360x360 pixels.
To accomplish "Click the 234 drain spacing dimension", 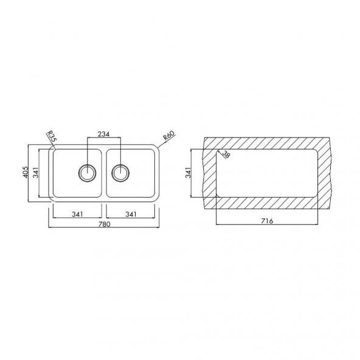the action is [104, 134].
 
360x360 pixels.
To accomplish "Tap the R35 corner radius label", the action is [52, 136].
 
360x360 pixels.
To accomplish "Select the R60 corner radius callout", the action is [169, 135].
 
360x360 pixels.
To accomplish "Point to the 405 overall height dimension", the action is [26, 172].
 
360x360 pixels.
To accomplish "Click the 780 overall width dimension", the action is [105, 224].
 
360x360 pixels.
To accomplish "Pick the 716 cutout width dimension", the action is [267, 221].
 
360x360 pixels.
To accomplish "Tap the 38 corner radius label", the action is [226, 154].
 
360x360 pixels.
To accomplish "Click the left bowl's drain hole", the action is [87, 173].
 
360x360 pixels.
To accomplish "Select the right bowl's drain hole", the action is [120, 173].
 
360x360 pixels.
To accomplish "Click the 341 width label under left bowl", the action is [77, 214].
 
